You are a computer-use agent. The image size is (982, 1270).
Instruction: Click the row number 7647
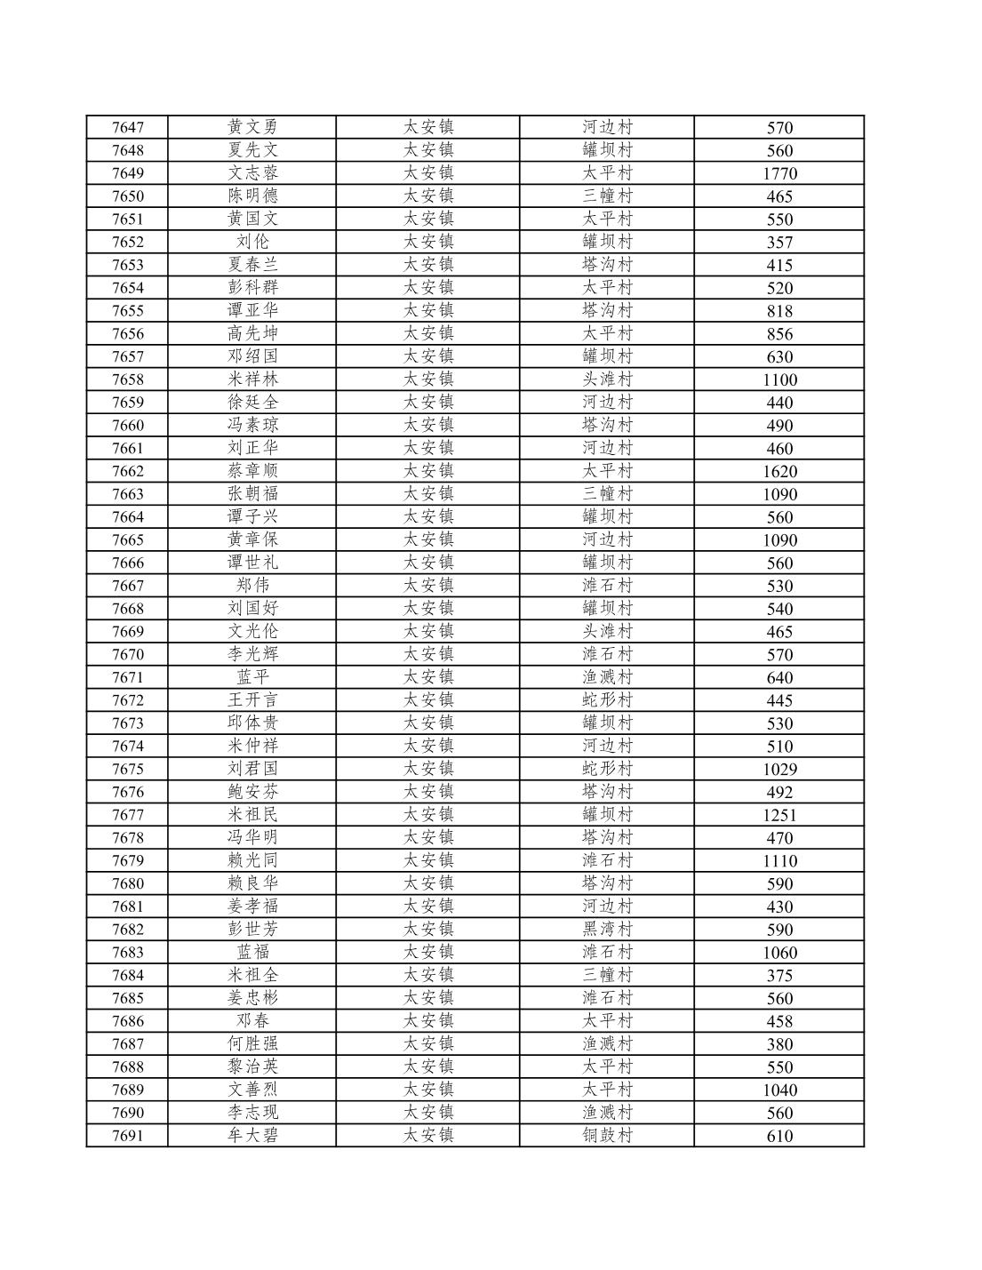pyautogui.click(x=127, y=127)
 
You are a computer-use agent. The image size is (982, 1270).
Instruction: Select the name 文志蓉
pyautogui.click(x=252, y=173)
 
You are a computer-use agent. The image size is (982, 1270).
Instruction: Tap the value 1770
pyautogui.click(x=779, y=173)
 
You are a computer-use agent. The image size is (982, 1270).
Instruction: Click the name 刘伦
pyautogui.click(x=252, y=242)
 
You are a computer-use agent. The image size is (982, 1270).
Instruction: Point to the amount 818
pyautogui.click(x=779, y=311)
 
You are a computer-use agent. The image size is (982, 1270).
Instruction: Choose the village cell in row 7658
pyautogui.click(x=607, y=379)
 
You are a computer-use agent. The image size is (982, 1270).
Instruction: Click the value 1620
pyautogui.click(x=779, y=471)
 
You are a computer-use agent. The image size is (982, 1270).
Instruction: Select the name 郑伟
pyautogui.click(x=252, y=586)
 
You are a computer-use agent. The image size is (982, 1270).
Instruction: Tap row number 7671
pyautogui.click(x=127, y=677)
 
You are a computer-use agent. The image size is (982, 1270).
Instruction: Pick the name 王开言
pyautogui.click(x=252, y=700)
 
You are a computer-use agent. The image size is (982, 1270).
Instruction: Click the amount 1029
pyautogui.click(x=779, y=769)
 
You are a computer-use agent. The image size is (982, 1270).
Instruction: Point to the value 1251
pyautogui.click(x=779, y=815)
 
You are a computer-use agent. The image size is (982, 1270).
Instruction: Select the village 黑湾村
pyautogui.click(x=607, y=930)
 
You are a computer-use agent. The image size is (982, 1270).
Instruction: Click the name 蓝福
pyautogui.click(x=252, y=953)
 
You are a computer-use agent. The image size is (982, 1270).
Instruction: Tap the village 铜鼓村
pyautogui.click(x=607, y=1136)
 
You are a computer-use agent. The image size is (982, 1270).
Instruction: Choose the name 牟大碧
pyautogui.click(x=252, y=1136)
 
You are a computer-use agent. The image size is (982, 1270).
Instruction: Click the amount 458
pyautogui.click(x=779, y=1021)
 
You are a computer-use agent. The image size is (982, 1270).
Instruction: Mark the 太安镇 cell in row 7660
pyautogui.click(x=428, y=425)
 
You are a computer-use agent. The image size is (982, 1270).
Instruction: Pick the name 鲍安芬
pyautogui.click(x=252, y=792)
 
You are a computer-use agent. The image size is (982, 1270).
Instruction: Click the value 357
pyautogui.click(x=779, y=242)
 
